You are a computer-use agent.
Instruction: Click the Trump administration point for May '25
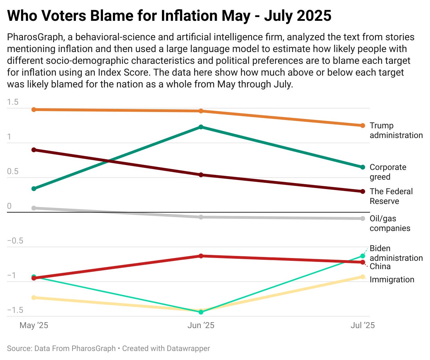point(34,110)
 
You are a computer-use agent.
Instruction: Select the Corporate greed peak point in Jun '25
point(201,127)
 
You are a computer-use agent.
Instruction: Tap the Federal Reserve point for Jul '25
point(363,191)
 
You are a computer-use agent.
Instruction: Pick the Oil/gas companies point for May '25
point(34,208)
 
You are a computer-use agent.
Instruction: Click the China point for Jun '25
point(201,256)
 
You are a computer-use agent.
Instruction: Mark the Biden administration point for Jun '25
point(201,312)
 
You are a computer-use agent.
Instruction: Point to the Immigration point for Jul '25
point(363,277)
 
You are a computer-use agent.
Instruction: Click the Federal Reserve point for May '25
point(34,150)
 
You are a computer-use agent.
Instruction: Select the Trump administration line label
point(396,130)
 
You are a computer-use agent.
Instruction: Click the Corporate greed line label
point(388,172)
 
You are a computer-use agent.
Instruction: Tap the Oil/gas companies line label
point(389,223)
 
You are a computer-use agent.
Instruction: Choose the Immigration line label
point(392,280)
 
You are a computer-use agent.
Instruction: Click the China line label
point(380,266)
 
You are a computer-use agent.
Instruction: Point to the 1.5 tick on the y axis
point(12,102)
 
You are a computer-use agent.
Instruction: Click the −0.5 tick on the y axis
point(15,241)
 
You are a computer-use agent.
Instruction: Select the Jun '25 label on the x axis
point(201,325)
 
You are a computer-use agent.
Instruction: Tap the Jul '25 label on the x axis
point(362,325)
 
